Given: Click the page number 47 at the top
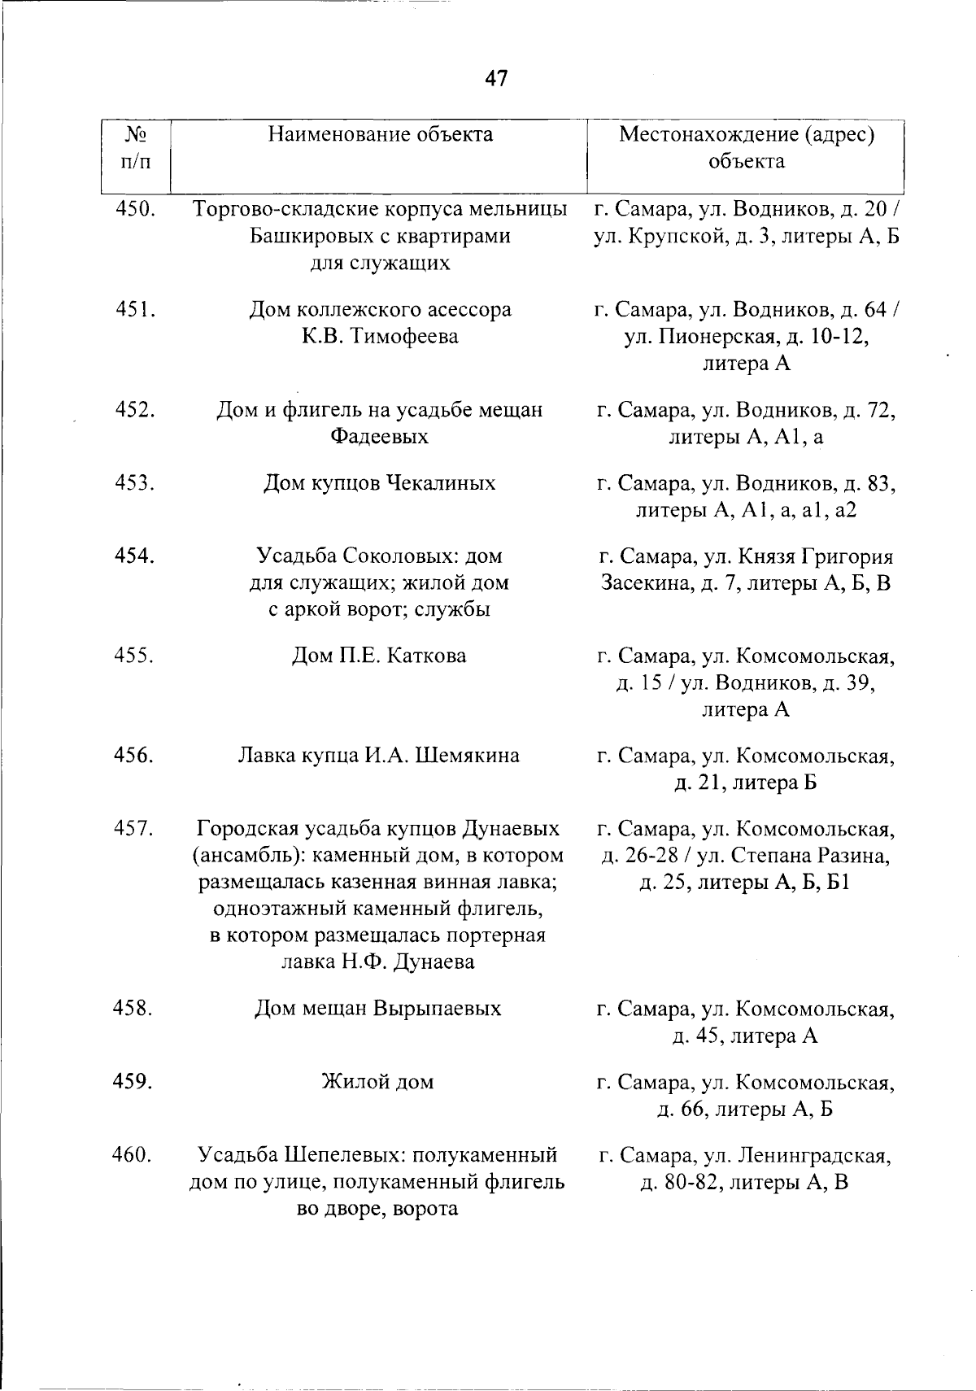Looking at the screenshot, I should (495, 78).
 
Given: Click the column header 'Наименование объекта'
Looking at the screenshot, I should (381, 134).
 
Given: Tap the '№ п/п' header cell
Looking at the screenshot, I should (136, 147).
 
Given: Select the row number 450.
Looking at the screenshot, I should (135, 209).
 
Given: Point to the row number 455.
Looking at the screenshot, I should (135, 656).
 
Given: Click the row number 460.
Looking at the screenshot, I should (135, 1154).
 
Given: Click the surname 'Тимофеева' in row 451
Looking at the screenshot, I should (403, 336).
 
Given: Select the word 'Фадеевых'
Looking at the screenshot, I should (380, 437).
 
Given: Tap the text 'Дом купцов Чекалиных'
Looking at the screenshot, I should (380, 483).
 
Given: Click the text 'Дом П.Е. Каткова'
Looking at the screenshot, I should (380, 656).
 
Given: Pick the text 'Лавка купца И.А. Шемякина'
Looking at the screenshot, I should (379, 756).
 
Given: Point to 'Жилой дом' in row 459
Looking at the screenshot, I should (379, 1082).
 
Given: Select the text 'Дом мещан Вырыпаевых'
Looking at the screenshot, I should (379, 1009).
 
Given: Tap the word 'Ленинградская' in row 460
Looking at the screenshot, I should (814, 1155).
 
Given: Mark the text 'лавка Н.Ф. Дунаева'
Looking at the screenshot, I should (379, 962).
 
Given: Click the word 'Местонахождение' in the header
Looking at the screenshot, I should (707, 134).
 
